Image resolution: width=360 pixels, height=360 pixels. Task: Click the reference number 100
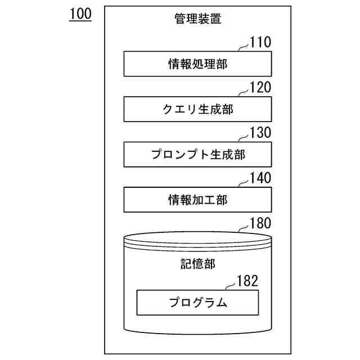pyautogui.click(x=80, y=15)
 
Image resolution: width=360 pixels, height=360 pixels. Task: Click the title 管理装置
pyautogui.click(x=197, y=19)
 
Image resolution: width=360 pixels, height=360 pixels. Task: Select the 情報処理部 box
pyautogui.click(x=197, y=64)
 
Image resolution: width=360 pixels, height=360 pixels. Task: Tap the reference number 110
pyautogui.click(x=260, y=42)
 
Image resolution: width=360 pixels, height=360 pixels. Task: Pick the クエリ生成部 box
pyautogui.click(x=197, y=109)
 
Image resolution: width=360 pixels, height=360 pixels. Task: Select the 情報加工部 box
pyautogui.click(x=197, y=199)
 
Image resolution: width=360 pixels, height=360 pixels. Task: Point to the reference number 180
pyautogui.click(x=260, y=223)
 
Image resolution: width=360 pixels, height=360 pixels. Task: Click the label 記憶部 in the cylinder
pyautogui.click(x=197, y=263)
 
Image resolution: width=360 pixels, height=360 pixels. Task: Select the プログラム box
pyautogui.click(x=197, y=303)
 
